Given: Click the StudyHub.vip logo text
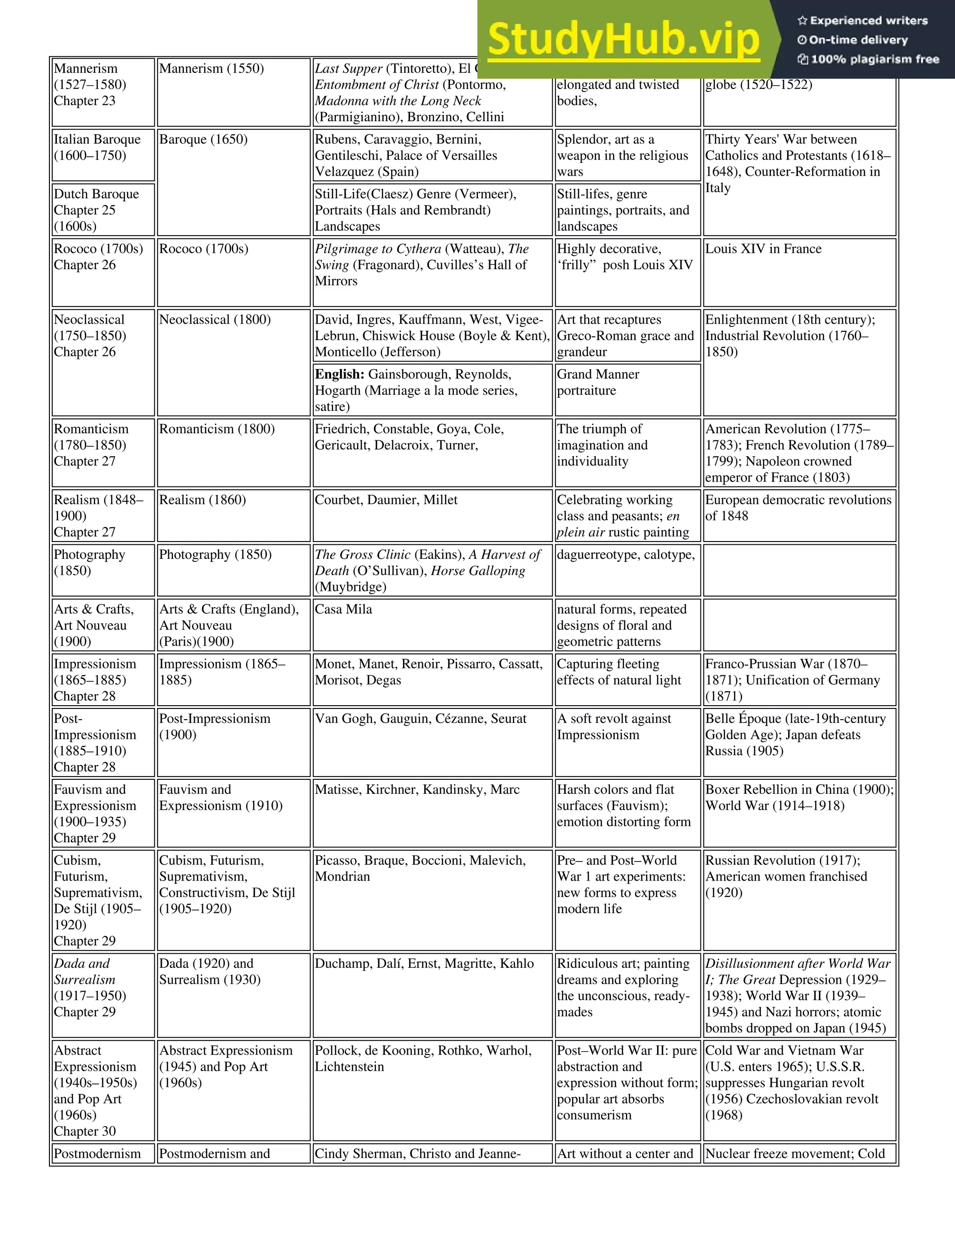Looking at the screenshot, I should [x=623, y=40].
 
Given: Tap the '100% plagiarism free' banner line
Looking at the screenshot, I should [x=868, y=59].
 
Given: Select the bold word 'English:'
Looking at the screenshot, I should [x=339, y=375].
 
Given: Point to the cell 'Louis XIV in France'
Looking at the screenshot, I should [x=763, y=249].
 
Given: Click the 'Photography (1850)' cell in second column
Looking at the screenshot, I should [x=215, y=555].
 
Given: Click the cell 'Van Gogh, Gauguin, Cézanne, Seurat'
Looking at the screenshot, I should [x=420, y=719].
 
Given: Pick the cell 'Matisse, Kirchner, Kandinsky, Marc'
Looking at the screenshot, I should [x=417, y=790].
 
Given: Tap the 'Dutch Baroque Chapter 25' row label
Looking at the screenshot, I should [x=96, y=209].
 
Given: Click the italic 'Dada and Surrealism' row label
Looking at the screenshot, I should [x=85, y=971].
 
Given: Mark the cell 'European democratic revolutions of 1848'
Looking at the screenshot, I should [x=798, y=507].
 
